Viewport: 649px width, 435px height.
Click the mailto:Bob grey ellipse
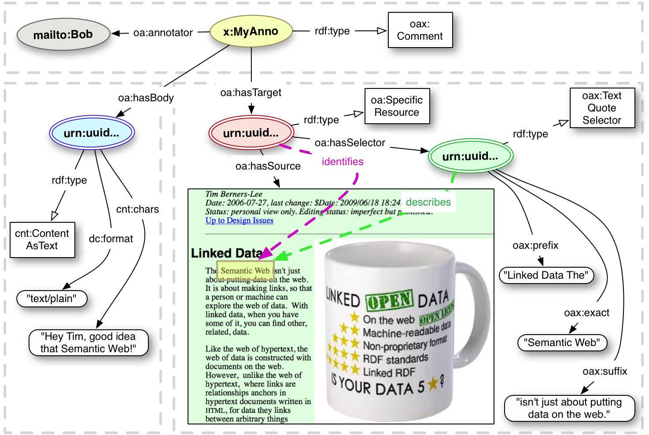(x=63, y=34)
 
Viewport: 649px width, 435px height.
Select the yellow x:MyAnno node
(x=251, y=31)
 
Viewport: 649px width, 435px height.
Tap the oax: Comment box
(x=420, y=30)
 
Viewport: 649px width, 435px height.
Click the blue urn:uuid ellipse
(x=92, y=133)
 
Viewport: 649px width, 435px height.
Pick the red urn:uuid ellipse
(x=251, y=133)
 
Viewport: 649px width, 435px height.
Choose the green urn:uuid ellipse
(x=470, y=156)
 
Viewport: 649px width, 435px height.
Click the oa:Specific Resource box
(x=397, y=106)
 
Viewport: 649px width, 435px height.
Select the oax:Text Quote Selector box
(x=602, y=108)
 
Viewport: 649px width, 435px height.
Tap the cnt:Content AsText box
(x=42, y=240)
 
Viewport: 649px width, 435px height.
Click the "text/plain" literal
(x=52, y=299)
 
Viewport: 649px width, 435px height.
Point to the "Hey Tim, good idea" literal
(x=88, y=343)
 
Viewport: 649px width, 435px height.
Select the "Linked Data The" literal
(x=546, y=275)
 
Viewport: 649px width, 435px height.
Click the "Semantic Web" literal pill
(x=562, y=343)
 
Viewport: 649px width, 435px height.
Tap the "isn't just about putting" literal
(x=569, y=408)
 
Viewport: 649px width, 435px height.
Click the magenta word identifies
(x=343, y=162)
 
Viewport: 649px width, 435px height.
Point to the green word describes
(x=428, y=202)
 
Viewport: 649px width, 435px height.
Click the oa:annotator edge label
(x=163, y=33)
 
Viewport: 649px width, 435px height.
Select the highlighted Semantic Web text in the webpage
(x=245, y=271)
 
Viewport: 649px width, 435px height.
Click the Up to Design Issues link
(x=240, y=221)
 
